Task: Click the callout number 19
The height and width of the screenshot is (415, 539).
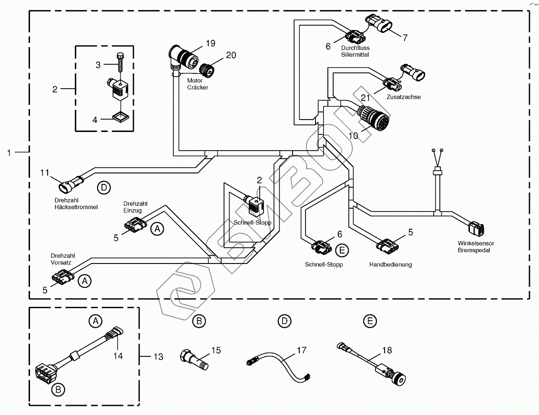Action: coord(210,43)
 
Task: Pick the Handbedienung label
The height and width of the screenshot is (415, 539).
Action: coord(390,264)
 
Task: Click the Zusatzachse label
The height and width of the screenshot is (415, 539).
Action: coord(405,97)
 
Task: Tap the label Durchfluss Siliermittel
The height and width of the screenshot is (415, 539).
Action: coord(355,51)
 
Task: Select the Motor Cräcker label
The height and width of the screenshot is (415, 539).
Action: coord(197,84)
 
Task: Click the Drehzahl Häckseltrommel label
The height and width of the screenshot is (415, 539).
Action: coord(76,204)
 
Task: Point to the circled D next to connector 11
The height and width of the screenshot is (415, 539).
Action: coord(103,187)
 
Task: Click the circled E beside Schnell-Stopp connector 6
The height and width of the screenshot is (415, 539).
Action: coord(341,250)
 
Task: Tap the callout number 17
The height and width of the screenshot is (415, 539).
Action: coord(301,350)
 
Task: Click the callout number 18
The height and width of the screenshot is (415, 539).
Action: coord(386,350)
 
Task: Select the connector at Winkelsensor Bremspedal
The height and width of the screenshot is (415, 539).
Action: coord(476,229)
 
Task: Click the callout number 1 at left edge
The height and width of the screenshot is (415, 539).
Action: coord(9,152)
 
